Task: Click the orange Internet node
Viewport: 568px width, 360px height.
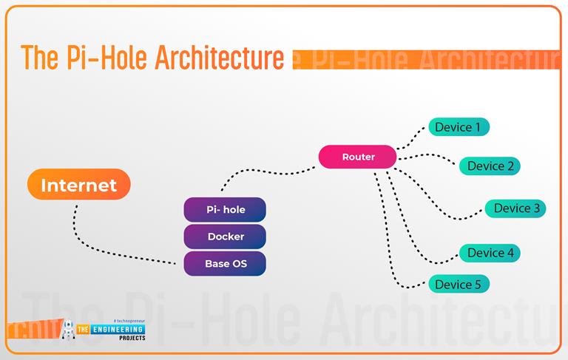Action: (x=78, y=185)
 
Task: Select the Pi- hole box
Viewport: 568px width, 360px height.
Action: (x=225, y=210)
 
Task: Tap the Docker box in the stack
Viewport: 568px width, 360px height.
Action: (x=225, y=237)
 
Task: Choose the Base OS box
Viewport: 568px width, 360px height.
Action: (x=225, y=263)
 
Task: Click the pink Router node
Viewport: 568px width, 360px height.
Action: (x=358, y=157)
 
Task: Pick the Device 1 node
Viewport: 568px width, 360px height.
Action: (x=459, y=127)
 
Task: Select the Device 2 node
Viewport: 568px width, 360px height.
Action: (x=490, y=166)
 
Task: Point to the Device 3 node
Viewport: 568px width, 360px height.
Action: (x=515, y=208)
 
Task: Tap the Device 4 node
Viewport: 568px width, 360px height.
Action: (x=490, y=253)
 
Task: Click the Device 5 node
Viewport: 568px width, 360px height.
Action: (x=459, y=285)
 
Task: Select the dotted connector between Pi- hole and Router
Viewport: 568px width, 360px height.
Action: (x=266, y=174)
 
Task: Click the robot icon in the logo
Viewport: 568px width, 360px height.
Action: (x=69, y=329)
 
